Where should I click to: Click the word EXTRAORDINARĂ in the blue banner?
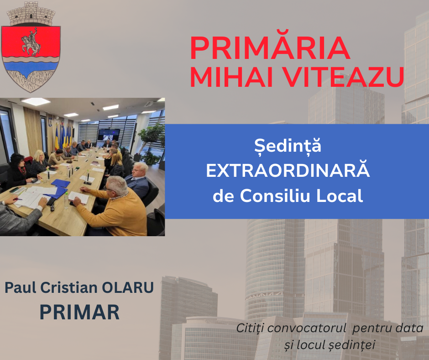(288, 171)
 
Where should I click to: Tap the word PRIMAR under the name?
(79, 312)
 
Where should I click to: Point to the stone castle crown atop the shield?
(31, 14)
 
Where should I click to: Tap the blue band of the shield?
(31, 63)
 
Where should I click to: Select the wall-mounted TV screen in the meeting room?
(109, 134)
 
